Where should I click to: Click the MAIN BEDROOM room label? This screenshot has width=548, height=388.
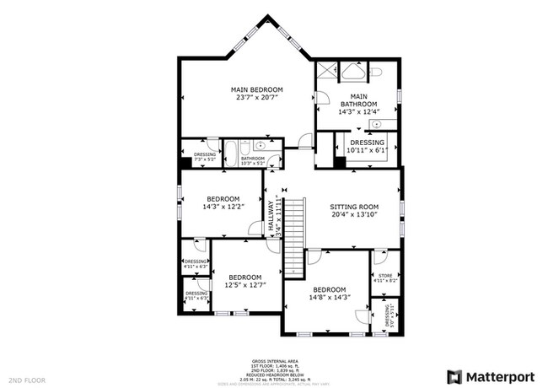(x=257, y=89)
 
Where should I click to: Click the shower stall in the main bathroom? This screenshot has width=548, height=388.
(x=326, y=72)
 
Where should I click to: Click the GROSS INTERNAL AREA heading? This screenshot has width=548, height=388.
(x=274, y=359)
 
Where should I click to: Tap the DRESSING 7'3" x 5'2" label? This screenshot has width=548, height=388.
(x=205, y=156)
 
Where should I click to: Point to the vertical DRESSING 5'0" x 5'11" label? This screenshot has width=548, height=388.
(x=388, y=315)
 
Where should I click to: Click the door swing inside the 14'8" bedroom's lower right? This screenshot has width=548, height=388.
(x=361, y=315)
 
